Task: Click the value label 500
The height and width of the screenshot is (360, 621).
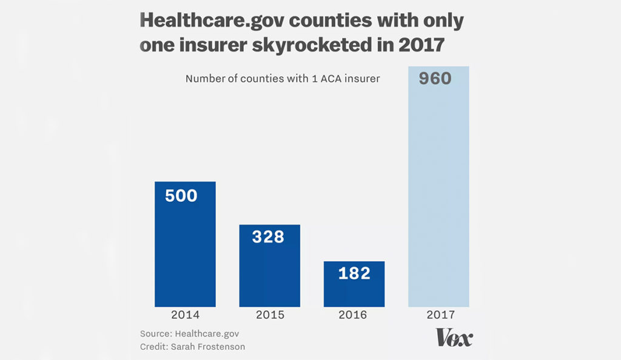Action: click(181, 195)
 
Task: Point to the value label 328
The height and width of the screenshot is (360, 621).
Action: click(267, 236)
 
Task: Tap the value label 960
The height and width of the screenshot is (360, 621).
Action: click(434, 78)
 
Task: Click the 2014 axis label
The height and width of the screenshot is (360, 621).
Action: click(185, 315)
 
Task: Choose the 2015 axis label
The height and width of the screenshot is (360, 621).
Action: click(269, 315)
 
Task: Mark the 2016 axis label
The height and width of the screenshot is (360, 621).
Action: click(354, 315)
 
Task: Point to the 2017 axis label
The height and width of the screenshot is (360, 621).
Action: click(438, 315)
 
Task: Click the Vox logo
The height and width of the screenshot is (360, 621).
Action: click(454, 338)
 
